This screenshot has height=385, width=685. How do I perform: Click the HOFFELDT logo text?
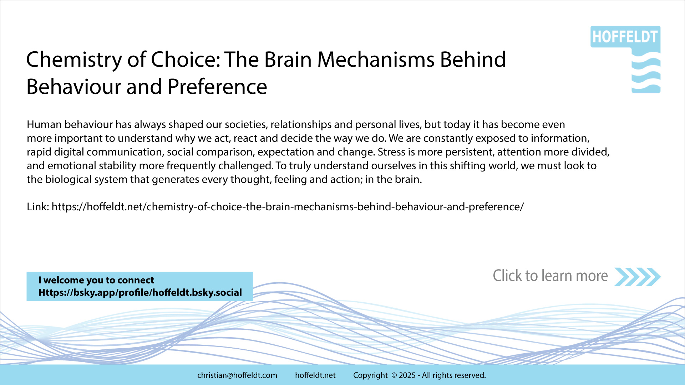pos(625,37)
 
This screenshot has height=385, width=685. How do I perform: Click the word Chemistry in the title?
pos(74,60)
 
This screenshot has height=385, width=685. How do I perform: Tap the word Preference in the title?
pos(217,87)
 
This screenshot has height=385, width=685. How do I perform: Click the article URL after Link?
pos(288,207)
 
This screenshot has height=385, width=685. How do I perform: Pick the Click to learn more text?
pos(550,276)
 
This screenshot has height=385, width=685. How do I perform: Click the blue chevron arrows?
pos(638,277)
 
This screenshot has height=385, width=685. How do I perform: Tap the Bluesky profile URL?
pos(140,293)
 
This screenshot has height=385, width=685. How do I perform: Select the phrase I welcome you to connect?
pos(96,280)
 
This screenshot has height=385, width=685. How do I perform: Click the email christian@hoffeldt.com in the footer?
pos(237,375)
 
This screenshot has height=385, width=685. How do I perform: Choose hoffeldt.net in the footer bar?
pos(315,375)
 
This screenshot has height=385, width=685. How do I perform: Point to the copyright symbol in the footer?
pos(394,375)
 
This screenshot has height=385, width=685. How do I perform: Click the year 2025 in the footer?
pos(407,375)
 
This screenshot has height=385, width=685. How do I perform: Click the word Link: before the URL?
pos(38,207)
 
